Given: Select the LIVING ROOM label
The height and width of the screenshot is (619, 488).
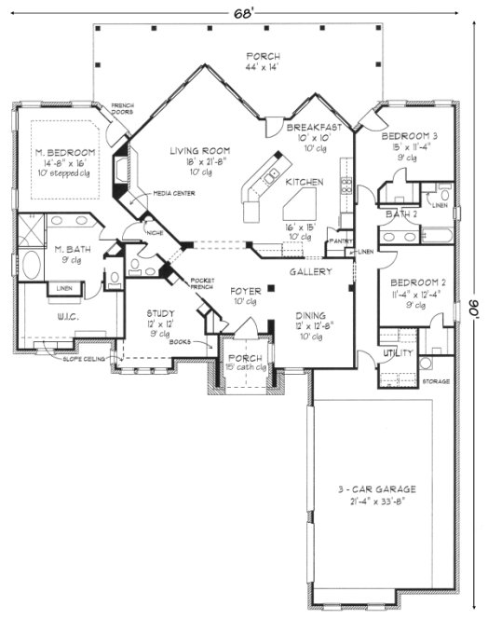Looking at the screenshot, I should click(x=199, y=150).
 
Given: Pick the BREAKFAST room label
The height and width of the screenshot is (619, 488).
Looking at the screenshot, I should click(x=312, y=127).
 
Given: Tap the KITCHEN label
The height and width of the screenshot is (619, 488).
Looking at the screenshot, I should click(x=305, y=182).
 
